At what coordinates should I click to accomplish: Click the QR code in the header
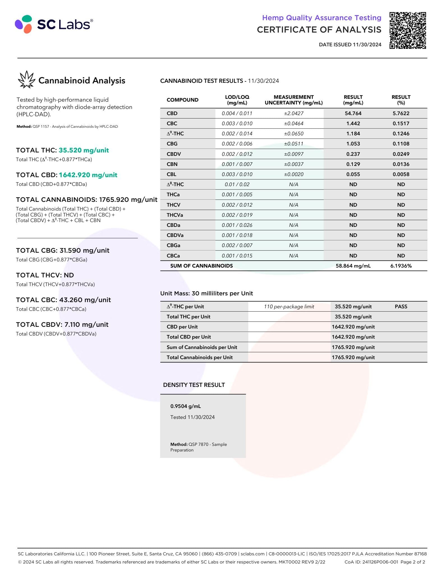pyautogui.click(x=408, y=30)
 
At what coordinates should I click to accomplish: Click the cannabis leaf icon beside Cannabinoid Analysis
pyautogui.click(x=26, y=80)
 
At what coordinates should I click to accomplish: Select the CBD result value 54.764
pyautogui.click(x=353, y=113)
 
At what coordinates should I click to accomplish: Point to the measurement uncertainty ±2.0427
pyautogui.click(x=293, y=113)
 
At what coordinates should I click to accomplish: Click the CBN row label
pyautogui.click(x=172, y=164)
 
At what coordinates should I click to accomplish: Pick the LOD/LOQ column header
pyautogui.click(x=237, y=100)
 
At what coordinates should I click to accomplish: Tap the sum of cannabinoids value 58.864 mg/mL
pyautogui.click(x=353, y=266)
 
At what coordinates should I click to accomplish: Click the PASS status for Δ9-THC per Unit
pyautogui.click(x=401, y=307)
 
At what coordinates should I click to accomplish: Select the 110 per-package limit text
pyautogui.click(x=289, y=307)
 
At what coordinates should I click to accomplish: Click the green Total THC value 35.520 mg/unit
pyautogui.click(x=84, y=150)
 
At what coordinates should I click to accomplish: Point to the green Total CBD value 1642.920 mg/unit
pyautogui.click(x=88, y=175)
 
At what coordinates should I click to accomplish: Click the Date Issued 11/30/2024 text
pyautogui.click(x=350, y=44)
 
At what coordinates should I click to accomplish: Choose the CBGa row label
pyautogui.click(x=173, y=245)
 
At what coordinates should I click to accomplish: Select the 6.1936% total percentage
pyautogui.click(x=401, y=266)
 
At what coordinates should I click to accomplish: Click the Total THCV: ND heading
pyautogui.click(x=45, y=275)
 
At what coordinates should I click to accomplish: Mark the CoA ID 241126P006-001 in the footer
pyautogui.click(x=371, y=562)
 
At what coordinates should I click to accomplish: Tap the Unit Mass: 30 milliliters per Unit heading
pyautogui.click(x=206, y=293)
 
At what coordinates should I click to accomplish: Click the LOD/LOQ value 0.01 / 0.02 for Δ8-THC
pyautogui.click(x=237, y=184)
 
